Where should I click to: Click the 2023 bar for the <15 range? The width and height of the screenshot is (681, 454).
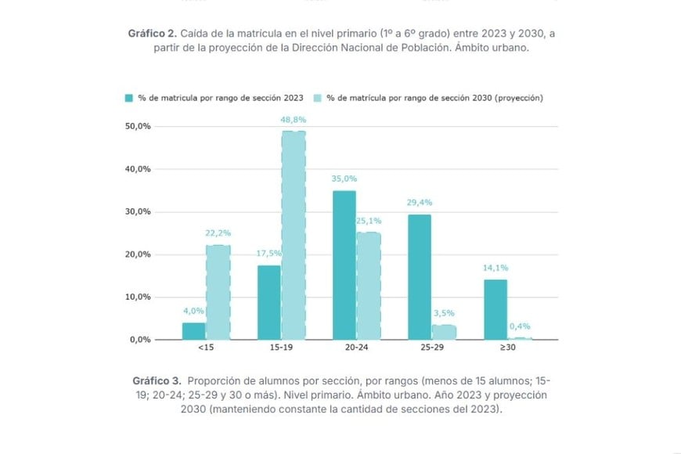coord(193,331)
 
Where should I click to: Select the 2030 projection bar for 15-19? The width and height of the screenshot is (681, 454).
coord(293,235)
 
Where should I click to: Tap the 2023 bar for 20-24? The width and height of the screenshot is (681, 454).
coord(344,265)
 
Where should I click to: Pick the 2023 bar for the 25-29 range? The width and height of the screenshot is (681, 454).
coord(419,277)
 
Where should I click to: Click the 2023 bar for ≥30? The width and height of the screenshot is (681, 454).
coord(495,309)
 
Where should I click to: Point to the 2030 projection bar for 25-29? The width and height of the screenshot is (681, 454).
coord(444,332)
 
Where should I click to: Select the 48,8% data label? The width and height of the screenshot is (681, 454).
coord(293,120)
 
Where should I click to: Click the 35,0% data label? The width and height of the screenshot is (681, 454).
coord(344,178)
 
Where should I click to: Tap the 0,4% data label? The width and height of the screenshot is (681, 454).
coord(521,326)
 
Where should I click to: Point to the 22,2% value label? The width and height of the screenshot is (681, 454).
coord(218,233)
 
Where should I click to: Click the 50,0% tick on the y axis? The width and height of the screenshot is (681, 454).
coord(138,126)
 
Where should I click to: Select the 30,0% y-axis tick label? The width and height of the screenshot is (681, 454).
coord(138,211)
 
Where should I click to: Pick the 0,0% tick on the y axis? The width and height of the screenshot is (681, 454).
coord(140,340)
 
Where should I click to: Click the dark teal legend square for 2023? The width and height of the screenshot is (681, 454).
coord(128,98)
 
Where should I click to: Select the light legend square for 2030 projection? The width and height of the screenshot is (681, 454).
coord(316,98)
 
